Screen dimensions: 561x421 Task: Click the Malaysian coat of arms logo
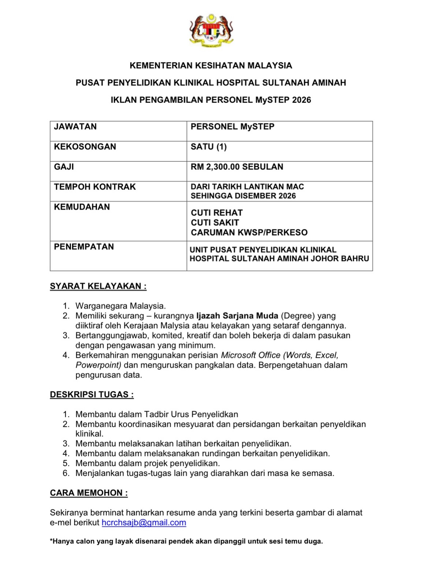211,30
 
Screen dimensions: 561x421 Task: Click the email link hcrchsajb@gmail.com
144,522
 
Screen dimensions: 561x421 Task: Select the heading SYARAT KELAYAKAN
98,286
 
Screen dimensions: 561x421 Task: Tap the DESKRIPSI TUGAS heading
92,394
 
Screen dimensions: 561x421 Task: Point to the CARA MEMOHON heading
89,493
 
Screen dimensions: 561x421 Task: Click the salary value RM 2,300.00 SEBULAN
237,167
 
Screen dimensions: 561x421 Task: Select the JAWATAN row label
75,127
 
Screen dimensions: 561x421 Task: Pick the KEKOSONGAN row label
85,147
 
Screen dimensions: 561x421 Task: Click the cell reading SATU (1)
208,147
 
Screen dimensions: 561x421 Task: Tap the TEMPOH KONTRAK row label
95,187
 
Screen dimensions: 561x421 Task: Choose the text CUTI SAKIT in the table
215,223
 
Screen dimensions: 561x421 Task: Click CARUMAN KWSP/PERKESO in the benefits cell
249,233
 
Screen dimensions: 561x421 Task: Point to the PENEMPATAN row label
84,247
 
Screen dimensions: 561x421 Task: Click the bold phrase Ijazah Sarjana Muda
237,316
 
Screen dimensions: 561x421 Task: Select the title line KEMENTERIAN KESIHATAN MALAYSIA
211,65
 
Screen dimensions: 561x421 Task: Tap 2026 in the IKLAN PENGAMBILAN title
301,100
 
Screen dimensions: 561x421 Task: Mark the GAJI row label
64,167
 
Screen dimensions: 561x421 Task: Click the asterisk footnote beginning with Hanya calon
186,541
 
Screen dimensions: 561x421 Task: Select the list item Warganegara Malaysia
120,306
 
